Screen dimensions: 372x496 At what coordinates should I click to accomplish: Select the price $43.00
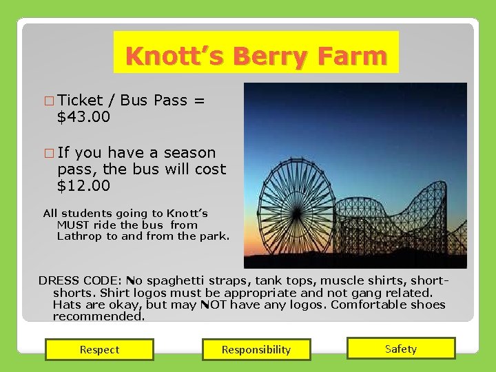click(x=83, y=117)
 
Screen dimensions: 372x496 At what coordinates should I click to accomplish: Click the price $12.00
click(x=83, y=186)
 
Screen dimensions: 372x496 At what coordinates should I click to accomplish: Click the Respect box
click(x=99, y=349)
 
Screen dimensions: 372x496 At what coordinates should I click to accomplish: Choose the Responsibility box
click(x=256, y=349)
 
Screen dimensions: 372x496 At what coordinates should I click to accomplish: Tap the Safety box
click(x=401, y=349)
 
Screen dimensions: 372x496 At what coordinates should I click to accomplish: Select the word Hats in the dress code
click(x=66, y=304)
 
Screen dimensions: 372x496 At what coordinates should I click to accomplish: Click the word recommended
click(x=99, y=316)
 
